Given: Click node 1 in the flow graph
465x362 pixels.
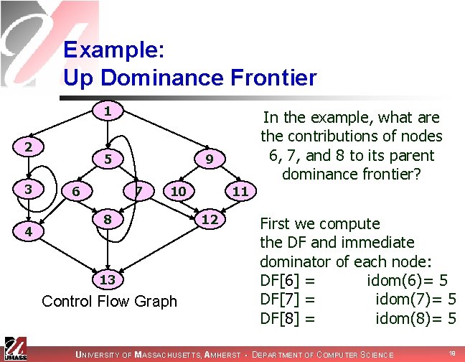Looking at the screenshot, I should point(106,111).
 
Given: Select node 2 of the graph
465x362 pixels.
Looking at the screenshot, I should point(27,147).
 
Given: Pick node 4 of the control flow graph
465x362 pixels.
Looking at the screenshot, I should point(27,233).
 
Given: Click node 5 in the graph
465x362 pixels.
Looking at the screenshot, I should point(106,157).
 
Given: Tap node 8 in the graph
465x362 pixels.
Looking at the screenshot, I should point(106,218).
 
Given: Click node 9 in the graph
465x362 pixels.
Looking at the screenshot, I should point(208,157).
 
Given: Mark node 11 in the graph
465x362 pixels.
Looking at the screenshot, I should point(241,191).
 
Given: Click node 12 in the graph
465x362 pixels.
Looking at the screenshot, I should point(209,218).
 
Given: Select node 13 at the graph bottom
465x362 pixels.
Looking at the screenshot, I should point(106,279).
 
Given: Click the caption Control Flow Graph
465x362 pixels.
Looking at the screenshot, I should point(109,301).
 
